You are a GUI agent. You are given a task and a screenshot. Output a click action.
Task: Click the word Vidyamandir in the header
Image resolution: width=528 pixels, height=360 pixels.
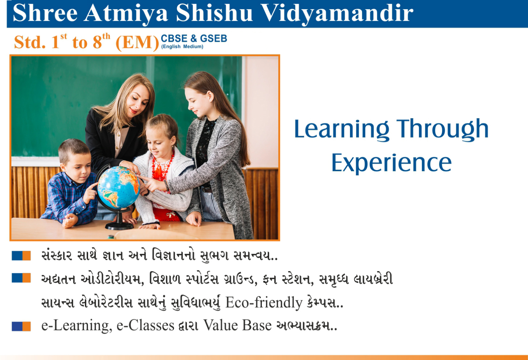pos(337,14)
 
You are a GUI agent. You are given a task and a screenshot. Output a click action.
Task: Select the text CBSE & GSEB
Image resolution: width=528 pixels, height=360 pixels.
pos(194,38)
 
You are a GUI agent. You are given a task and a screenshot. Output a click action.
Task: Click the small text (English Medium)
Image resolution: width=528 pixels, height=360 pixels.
pos(182,46)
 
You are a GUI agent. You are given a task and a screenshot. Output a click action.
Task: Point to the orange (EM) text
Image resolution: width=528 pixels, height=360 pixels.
pos(137,42)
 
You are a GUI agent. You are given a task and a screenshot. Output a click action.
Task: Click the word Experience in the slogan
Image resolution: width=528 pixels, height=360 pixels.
pos(391,163)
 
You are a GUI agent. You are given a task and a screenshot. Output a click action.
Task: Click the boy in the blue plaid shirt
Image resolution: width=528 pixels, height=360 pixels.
pos(71,184)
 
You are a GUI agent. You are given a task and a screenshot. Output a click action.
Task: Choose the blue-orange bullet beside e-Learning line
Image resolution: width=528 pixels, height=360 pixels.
pos(21,326)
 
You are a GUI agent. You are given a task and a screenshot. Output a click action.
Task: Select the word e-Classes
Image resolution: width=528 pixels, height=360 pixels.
pos(146,326)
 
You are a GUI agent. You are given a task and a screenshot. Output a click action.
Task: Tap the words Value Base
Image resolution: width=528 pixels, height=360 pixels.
pos(237,326)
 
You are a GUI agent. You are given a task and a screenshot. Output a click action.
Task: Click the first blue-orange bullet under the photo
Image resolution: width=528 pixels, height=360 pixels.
pos(21,256)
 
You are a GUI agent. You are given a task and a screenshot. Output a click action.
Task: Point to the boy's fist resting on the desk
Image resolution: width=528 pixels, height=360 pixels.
pos(70,221)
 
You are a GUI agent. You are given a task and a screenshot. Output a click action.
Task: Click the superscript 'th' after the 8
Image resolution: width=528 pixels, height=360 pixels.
pos(106,37)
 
